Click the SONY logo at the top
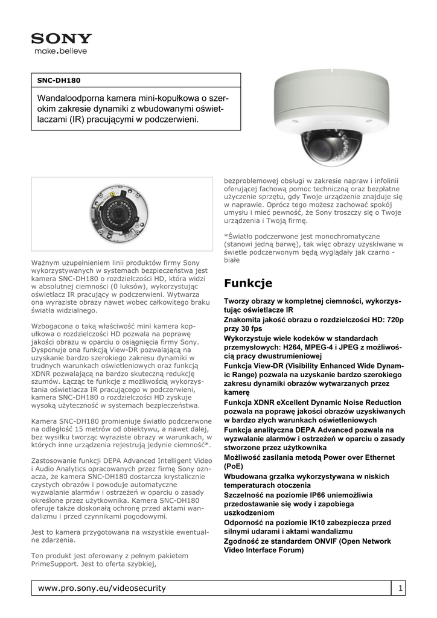(62, 39)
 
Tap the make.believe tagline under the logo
(61, 51)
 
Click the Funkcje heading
(248, 283)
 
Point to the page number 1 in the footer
(400, 588)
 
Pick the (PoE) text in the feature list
(234, 467)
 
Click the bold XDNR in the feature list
(268, 402)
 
